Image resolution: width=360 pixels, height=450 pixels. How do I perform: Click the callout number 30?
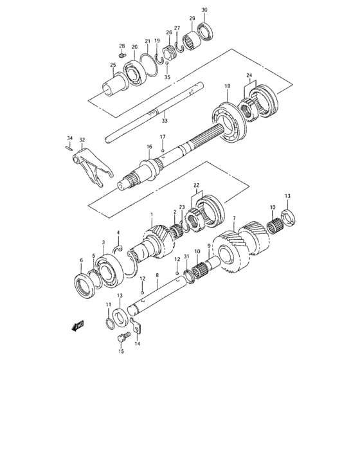tap(204, 10)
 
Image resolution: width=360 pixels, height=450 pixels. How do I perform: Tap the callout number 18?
tap(226, 86)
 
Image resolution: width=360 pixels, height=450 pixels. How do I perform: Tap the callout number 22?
tap(197, 186)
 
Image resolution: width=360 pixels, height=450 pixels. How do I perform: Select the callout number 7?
tap(235, 219)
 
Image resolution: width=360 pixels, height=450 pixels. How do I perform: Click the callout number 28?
tap(122, 46)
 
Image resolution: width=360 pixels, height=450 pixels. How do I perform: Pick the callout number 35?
tap(167, 76)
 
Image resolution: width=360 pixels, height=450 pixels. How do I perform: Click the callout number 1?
tap(152, 215)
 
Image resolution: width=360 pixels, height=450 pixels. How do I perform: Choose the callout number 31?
tap(186, 257)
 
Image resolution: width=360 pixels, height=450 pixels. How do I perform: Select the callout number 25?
tap(113, 65)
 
